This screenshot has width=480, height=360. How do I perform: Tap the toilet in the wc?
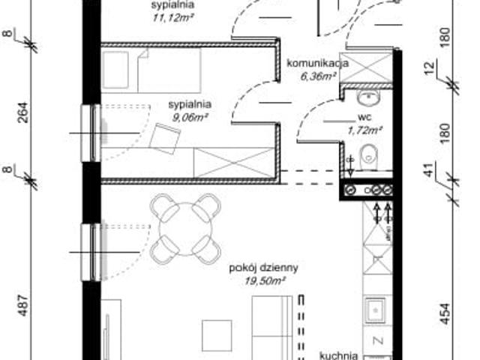pos(367,157)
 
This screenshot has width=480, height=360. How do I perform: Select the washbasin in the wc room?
pos(367,97)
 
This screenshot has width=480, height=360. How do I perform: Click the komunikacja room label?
pos(316,63)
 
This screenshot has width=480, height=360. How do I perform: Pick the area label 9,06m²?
pos(188,117)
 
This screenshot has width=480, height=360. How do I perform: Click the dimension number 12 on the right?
pos(449,70)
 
